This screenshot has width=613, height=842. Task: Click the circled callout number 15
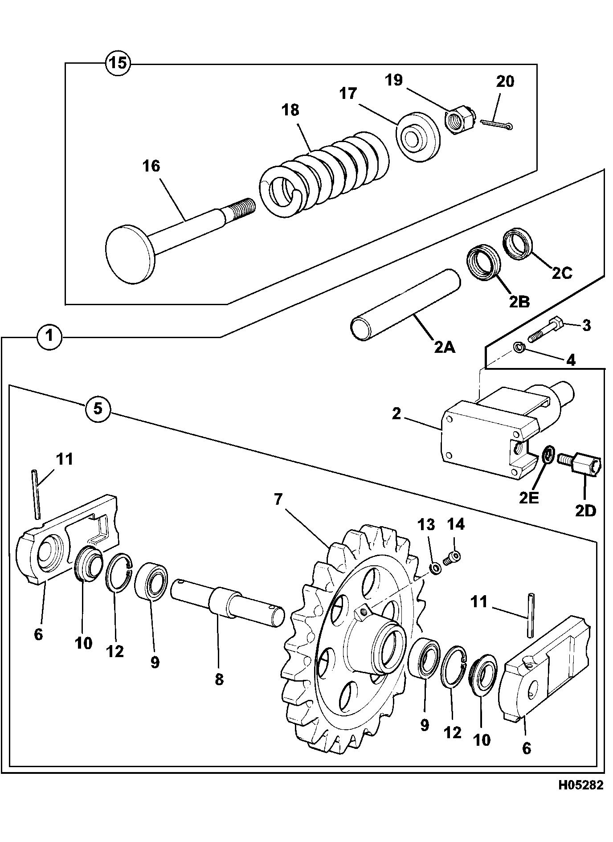pos(118,63)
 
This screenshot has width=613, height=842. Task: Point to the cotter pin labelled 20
pos(496,124)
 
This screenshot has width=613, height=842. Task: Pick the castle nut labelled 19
pos(461,119)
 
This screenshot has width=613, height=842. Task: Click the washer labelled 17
pos(418,138)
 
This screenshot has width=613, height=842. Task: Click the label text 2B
pos(519,302)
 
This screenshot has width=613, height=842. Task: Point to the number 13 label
pos(426,524)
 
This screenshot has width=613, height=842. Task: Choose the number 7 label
pos(278,499)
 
